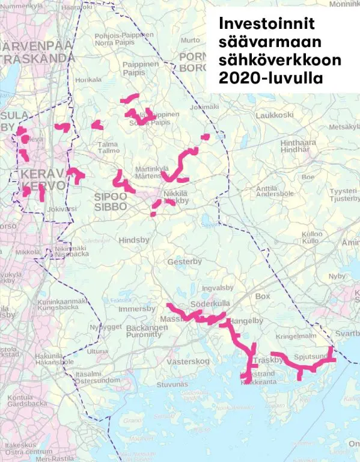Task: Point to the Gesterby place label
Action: (185, 262)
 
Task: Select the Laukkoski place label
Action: (275, 114)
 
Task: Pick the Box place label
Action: (263, 297)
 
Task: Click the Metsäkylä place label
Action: (343, 127)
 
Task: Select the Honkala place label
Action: (90, 80)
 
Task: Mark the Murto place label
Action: (190, 40)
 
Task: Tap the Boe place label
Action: (308, 177)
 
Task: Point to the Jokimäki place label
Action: (202, 107)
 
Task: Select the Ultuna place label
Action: (98, 351)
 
